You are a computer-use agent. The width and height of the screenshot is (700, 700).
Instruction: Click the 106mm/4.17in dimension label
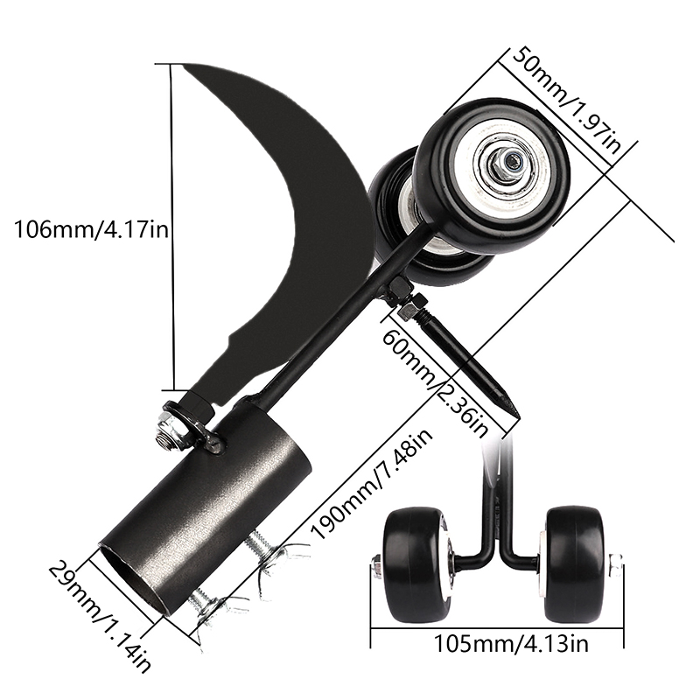(x=92, y=230)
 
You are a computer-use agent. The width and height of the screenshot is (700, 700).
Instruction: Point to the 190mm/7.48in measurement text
(x=372, y=485)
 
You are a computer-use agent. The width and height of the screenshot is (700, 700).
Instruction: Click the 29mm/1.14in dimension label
(x=100, y=617)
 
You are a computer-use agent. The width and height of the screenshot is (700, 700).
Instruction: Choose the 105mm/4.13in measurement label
(x=511, y=644)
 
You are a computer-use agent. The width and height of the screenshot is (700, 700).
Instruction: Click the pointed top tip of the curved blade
(x=183, y=65)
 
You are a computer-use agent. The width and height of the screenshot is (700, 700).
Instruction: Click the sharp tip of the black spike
(x=519, y=417)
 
